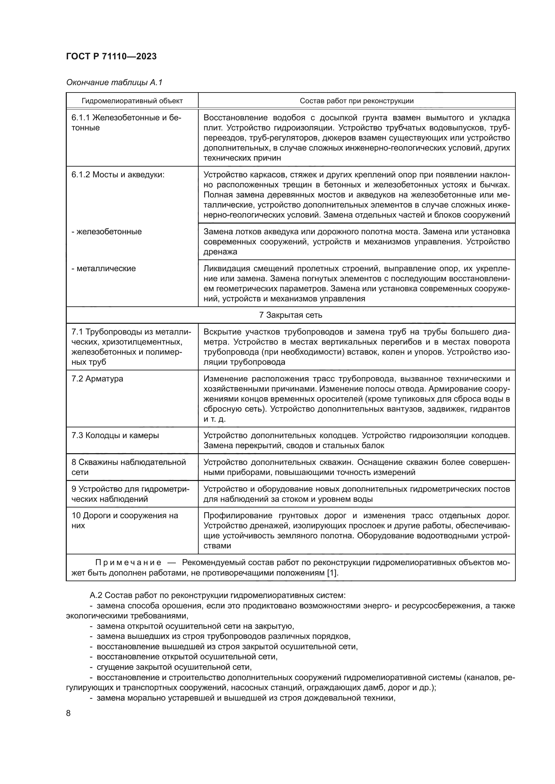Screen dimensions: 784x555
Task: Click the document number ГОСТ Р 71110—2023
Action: (x=111, y=57)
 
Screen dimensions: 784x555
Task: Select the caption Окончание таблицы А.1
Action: (x=114, y=83)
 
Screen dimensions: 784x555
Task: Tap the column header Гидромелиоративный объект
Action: (x=132, y=101)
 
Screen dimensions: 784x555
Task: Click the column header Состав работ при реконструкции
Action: (x=356, y=101)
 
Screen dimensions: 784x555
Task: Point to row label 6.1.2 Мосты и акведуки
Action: (x=117, y=175)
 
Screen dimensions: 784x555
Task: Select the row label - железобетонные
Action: (x=106, y=232)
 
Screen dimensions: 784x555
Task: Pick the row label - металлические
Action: (x=103, y=269)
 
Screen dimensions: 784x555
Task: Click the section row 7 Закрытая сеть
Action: (x=291, y=315)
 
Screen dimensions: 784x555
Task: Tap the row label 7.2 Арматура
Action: (x=97, y=379)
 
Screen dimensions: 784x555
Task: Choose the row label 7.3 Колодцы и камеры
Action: (x=115, y=436)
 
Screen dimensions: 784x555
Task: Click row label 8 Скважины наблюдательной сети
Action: (x=128, y=468)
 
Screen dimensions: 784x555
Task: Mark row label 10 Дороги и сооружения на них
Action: (x=124, y=521)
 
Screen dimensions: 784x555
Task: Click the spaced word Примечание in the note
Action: (x=128, y=563)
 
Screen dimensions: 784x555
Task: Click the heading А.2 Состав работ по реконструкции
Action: (x=217, y=596)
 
